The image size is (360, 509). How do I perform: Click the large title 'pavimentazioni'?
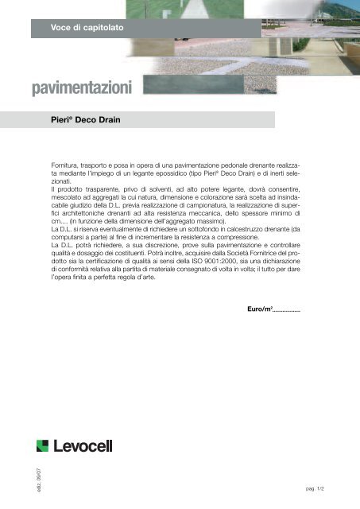87,84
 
